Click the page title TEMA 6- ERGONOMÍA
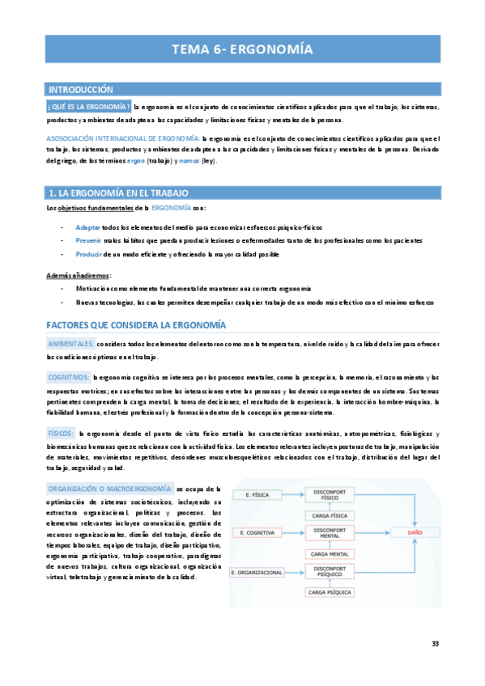coord(242,49)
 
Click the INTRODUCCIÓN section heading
coord(82,90)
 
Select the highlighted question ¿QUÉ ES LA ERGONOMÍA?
coord(89,107)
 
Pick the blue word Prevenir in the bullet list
coord(89,241)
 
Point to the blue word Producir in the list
coord(89,255)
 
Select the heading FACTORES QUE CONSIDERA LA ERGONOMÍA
coord(136,325)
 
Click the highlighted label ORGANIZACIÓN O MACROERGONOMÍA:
coord(110,489)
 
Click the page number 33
coord(436,643)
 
